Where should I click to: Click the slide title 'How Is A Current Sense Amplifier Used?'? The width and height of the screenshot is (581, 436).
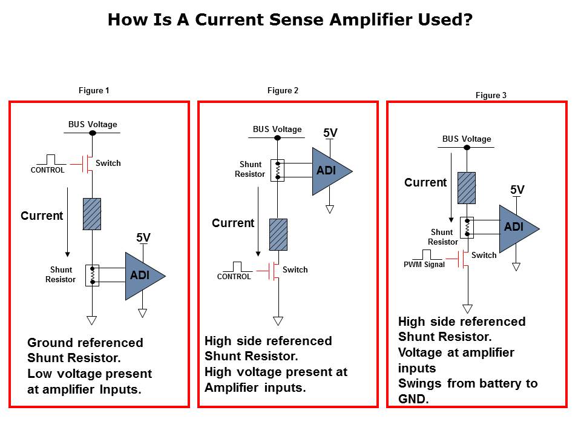290,20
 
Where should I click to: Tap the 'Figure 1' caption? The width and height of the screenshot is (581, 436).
94,91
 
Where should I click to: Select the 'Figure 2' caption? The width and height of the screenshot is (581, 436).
283,91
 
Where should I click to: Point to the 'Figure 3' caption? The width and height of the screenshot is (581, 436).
491,96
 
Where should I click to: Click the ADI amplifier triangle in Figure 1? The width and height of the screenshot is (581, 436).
142,276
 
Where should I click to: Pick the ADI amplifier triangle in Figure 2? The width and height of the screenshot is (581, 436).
329,171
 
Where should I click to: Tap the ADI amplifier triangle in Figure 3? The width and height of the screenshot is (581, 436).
516,228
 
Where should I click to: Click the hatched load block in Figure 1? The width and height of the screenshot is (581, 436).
92,214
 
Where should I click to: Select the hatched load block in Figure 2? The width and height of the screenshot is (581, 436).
278,234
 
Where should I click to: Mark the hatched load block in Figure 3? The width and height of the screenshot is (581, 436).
467,188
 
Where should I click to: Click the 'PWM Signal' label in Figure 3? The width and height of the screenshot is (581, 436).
424,265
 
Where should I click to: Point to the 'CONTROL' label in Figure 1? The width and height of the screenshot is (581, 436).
48,170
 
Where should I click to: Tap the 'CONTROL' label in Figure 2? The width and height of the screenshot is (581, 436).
234,277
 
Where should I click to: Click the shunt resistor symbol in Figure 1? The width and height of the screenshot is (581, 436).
92,275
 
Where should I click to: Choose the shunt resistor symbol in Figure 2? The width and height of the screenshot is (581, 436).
278,170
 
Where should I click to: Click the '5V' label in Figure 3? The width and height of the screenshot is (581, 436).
517,190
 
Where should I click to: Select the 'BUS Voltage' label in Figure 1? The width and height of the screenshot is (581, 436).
93,125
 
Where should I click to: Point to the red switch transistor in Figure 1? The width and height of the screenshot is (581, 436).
87,163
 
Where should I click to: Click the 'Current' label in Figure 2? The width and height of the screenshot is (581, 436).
233,223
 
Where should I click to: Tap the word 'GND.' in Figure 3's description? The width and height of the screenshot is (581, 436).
413,399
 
